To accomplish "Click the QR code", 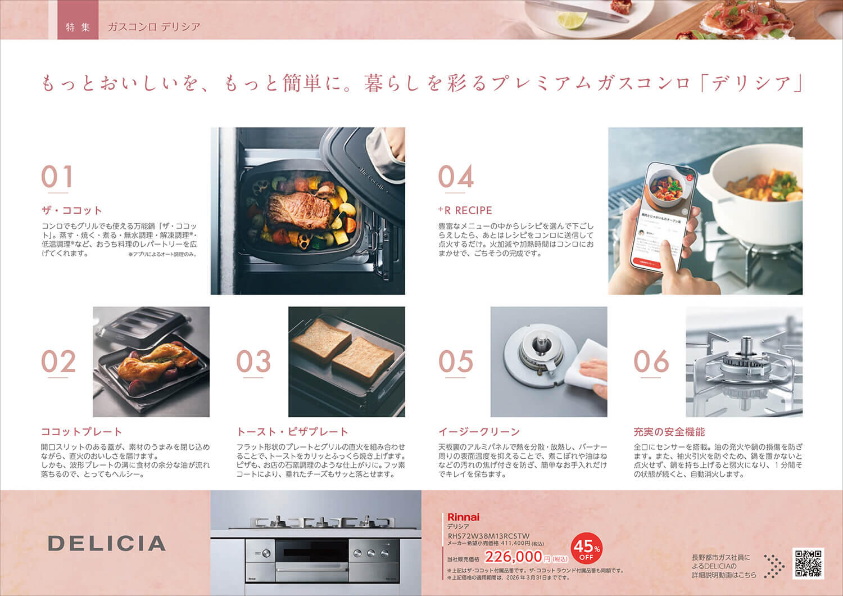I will tap(808, 563).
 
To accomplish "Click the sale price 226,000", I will tap(513, 557).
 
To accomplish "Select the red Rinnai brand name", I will tap(463, 517).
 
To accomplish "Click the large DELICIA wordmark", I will tap(107, 544).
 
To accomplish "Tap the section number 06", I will tap(651, 362).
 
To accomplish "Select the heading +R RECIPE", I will tap(465, 210).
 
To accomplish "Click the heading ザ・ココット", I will tap(71, 210).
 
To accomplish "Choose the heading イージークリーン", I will tap(479, 432).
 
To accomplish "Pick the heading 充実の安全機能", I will tap(669, 432).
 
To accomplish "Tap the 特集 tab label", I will tap(78, 26).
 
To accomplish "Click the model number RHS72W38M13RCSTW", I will tap(488, 536).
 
